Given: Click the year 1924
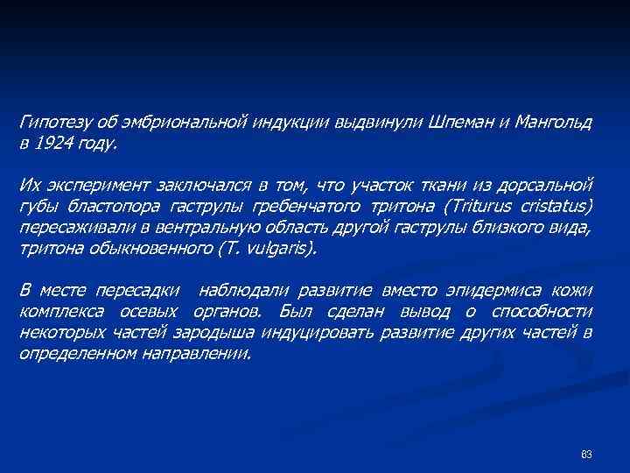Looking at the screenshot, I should click(x=51, y=143).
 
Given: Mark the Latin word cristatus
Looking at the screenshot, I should click(x=556, y=206).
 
